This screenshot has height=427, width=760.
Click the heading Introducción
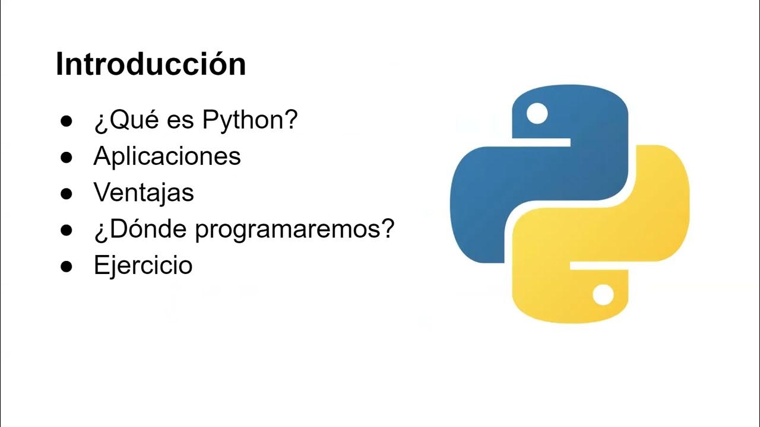tap(151, 64)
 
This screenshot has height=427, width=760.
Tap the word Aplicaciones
tap(167, 156)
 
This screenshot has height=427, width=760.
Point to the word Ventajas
tap(144, 192)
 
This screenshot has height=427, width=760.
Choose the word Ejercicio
tap(143, 265)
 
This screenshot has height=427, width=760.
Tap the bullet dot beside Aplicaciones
tap(66, 157)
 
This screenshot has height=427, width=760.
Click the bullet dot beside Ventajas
tap(66, 193)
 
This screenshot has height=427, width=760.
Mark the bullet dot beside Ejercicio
tap(66, 266)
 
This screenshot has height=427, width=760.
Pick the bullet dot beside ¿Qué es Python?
tap(66, 121)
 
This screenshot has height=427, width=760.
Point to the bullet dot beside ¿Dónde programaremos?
tap(66, 230)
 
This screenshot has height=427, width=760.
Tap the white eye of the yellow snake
tap(603, 295)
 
